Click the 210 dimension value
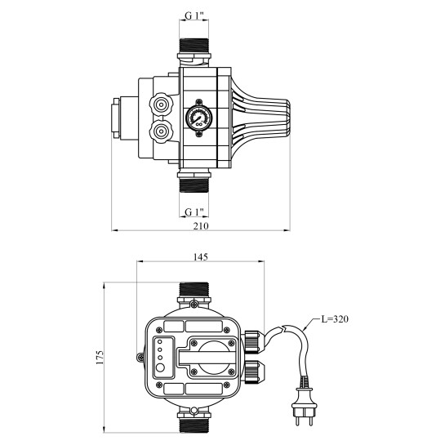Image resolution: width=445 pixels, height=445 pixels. coord(201,226)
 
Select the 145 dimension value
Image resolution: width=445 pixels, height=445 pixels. coord(201,257)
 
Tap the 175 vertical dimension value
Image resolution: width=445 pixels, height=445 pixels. coord(100,358)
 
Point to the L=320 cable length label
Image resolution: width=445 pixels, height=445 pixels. coord(335,319)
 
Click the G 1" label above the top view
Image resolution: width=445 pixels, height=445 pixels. coord(194,16)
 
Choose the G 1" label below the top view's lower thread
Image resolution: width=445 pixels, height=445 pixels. coord(194,212)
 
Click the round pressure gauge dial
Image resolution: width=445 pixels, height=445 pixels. coord(199,118)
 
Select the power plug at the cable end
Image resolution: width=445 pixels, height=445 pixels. coord(304,407)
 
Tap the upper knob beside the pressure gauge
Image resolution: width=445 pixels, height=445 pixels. coord(161,105)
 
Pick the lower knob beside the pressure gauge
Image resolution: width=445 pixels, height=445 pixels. coord(161,131)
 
